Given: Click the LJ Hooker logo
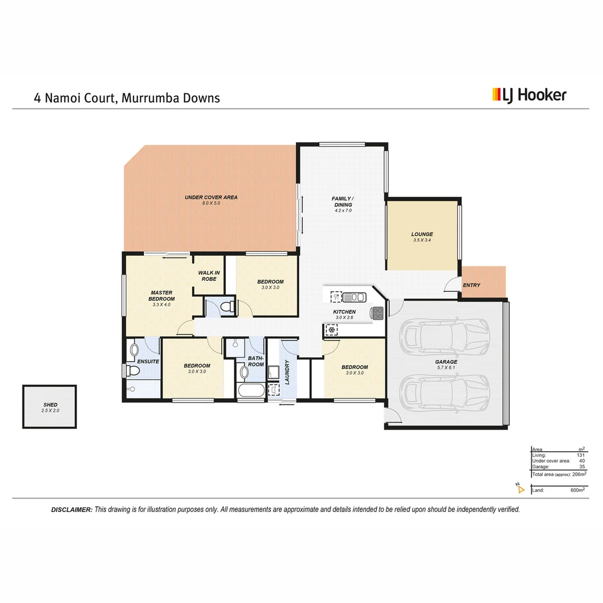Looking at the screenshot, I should pos(529,95).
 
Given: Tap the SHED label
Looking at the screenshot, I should pos(50,405).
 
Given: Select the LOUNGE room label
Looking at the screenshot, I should pos(422,234).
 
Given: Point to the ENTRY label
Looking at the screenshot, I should pos(471,285).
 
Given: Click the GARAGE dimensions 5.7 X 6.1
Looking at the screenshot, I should pos(446,368).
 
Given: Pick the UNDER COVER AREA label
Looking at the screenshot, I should pos(211,197).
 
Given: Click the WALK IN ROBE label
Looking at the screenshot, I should pos(209,275).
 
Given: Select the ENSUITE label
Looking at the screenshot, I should pos(148,361).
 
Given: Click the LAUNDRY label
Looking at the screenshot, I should pos(287,371).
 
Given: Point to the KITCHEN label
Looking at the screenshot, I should pos(344,312).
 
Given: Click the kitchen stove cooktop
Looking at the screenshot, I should pos(378,313).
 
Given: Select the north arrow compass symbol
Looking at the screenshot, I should pos(520,490).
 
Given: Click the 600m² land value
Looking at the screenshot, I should pos(577,490).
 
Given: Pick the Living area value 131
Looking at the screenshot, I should pos(581,455).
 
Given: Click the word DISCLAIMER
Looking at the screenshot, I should pos(71,510).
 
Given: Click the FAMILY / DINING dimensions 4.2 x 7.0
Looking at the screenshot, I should pos(343,210).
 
